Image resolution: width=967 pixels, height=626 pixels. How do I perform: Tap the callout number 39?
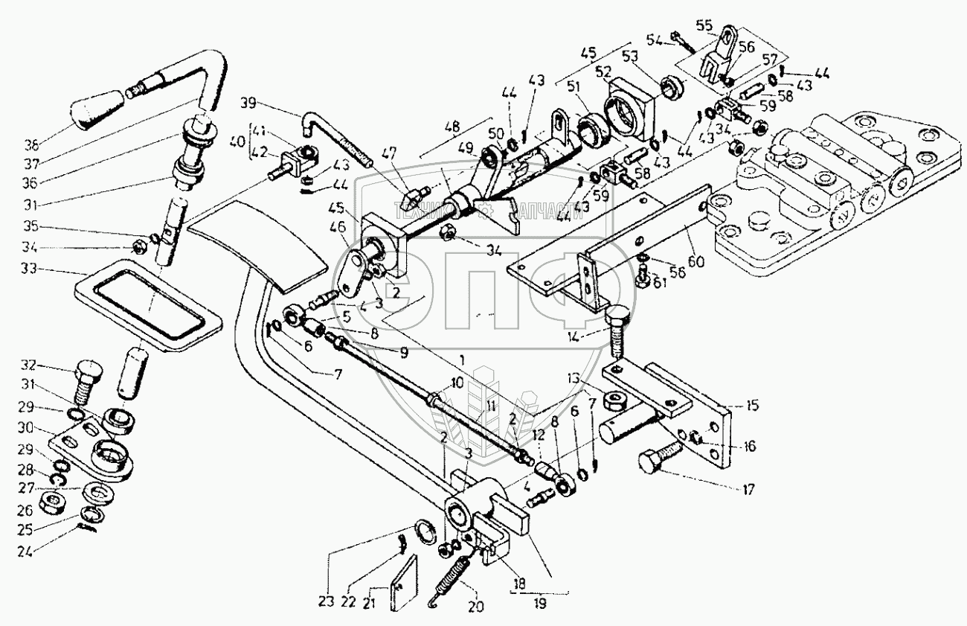(x=248, y=102)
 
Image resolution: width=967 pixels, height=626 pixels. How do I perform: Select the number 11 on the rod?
(x=489, y=406)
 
